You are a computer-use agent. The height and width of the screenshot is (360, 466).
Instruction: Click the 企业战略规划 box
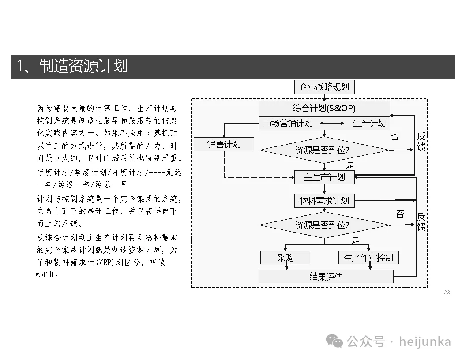tap(324, 87)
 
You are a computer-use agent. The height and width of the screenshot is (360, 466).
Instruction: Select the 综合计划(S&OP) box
tap(324, 109)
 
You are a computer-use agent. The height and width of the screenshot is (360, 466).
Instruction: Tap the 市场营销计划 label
tap(288, 123)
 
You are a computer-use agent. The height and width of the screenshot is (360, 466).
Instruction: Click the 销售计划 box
tap(224, 144)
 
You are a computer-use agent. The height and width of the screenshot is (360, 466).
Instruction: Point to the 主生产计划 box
tap(324, 177)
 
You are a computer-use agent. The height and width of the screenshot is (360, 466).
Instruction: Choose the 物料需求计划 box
tap(324, 201)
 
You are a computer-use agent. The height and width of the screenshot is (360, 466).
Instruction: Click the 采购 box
tap(285, 258)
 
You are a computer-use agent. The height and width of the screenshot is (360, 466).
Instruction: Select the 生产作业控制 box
tap(368, 258)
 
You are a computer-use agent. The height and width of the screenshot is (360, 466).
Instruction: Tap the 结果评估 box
tap(326, 277)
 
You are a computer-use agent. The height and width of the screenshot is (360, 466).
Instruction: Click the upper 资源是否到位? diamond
tap(324, 150)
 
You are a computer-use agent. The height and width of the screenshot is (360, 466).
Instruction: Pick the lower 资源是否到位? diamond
tap(324, 225)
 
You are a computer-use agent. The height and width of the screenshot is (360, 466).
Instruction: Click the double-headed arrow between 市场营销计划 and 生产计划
tap(332, 124)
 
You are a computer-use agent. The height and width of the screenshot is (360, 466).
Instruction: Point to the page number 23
tap(447, 292)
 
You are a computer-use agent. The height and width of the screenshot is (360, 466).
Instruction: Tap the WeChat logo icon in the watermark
tap(334, 341)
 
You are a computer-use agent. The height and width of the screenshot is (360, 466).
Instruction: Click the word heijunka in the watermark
tap(425, 341)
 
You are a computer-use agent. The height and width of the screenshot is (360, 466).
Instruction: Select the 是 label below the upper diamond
tap(350, 165)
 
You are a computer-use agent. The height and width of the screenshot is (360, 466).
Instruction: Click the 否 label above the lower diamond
tap(400, 214)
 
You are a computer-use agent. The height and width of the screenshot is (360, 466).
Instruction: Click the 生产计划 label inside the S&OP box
tap(369, 123)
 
